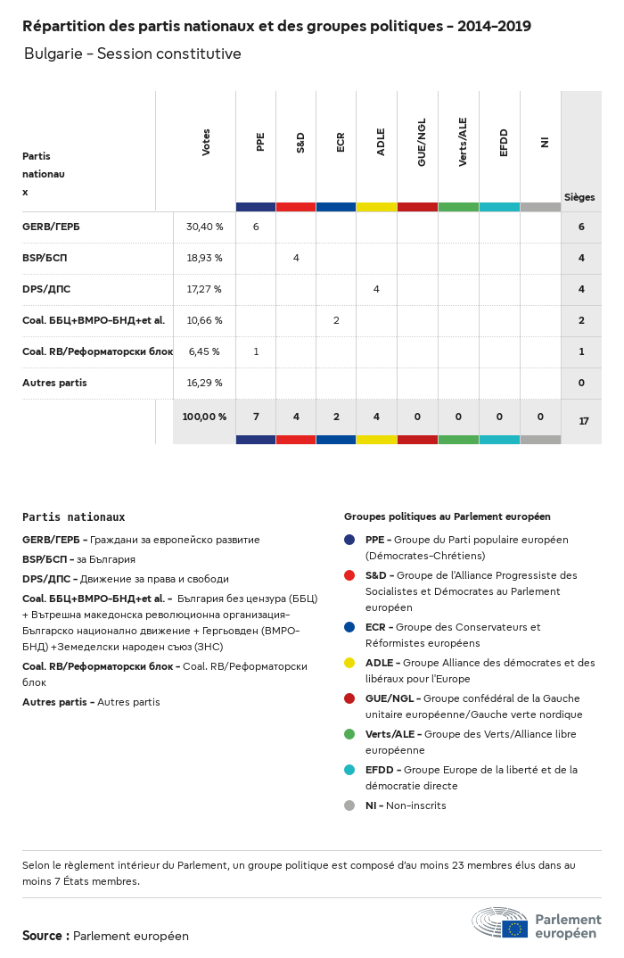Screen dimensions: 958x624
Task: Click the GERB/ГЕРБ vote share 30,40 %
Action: click(204, 227)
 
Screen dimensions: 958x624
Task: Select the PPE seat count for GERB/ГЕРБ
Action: click(256, 227)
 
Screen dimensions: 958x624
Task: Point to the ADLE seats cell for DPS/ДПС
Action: click(376, 289)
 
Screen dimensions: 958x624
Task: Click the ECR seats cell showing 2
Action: click(336, 320)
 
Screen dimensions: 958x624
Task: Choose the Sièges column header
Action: click(579, 197)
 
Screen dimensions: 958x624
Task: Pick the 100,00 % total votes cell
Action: click(204, 417)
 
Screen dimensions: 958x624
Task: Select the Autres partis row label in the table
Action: click(54, 383)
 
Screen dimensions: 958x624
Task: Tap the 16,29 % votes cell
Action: click(204, 383)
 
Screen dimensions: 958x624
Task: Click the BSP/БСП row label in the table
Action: click(45, 258)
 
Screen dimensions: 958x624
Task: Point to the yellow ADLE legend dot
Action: click(349, 663)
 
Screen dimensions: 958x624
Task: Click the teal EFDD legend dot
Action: click(349, 770)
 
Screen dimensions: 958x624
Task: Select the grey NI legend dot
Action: click(349, 805)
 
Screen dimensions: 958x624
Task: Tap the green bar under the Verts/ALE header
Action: click(458, 207)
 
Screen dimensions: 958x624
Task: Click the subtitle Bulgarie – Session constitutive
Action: click(133, 54)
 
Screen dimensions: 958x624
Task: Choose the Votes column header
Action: click(206, 143)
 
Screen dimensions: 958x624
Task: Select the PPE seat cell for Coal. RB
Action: click(256, 351)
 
